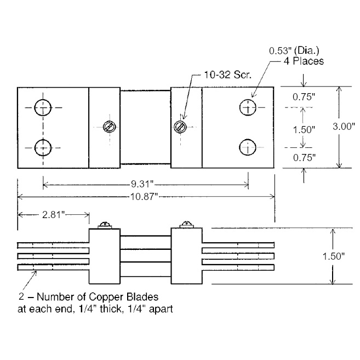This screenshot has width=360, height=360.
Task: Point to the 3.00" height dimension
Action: click(x=345, y=126)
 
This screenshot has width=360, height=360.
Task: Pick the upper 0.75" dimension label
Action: click(x=304, y=97)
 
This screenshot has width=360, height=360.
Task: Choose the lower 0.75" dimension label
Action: click(x=304, y=158)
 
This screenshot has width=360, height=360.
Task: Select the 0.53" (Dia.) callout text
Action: click(x=296, y=50)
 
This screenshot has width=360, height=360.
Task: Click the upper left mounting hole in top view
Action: click(x=43, y=108)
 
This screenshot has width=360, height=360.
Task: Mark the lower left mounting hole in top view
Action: click(x=43, y=147)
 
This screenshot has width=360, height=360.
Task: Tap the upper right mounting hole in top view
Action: click(x=248, y=108)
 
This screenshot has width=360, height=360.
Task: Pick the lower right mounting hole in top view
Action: click(x=248, y=147)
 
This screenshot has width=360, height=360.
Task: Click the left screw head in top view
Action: click(x=108, y=127)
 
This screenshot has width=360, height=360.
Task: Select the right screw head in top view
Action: click(x=180, y=127)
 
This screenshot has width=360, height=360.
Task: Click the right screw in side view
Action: click(x=186, y=225)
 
